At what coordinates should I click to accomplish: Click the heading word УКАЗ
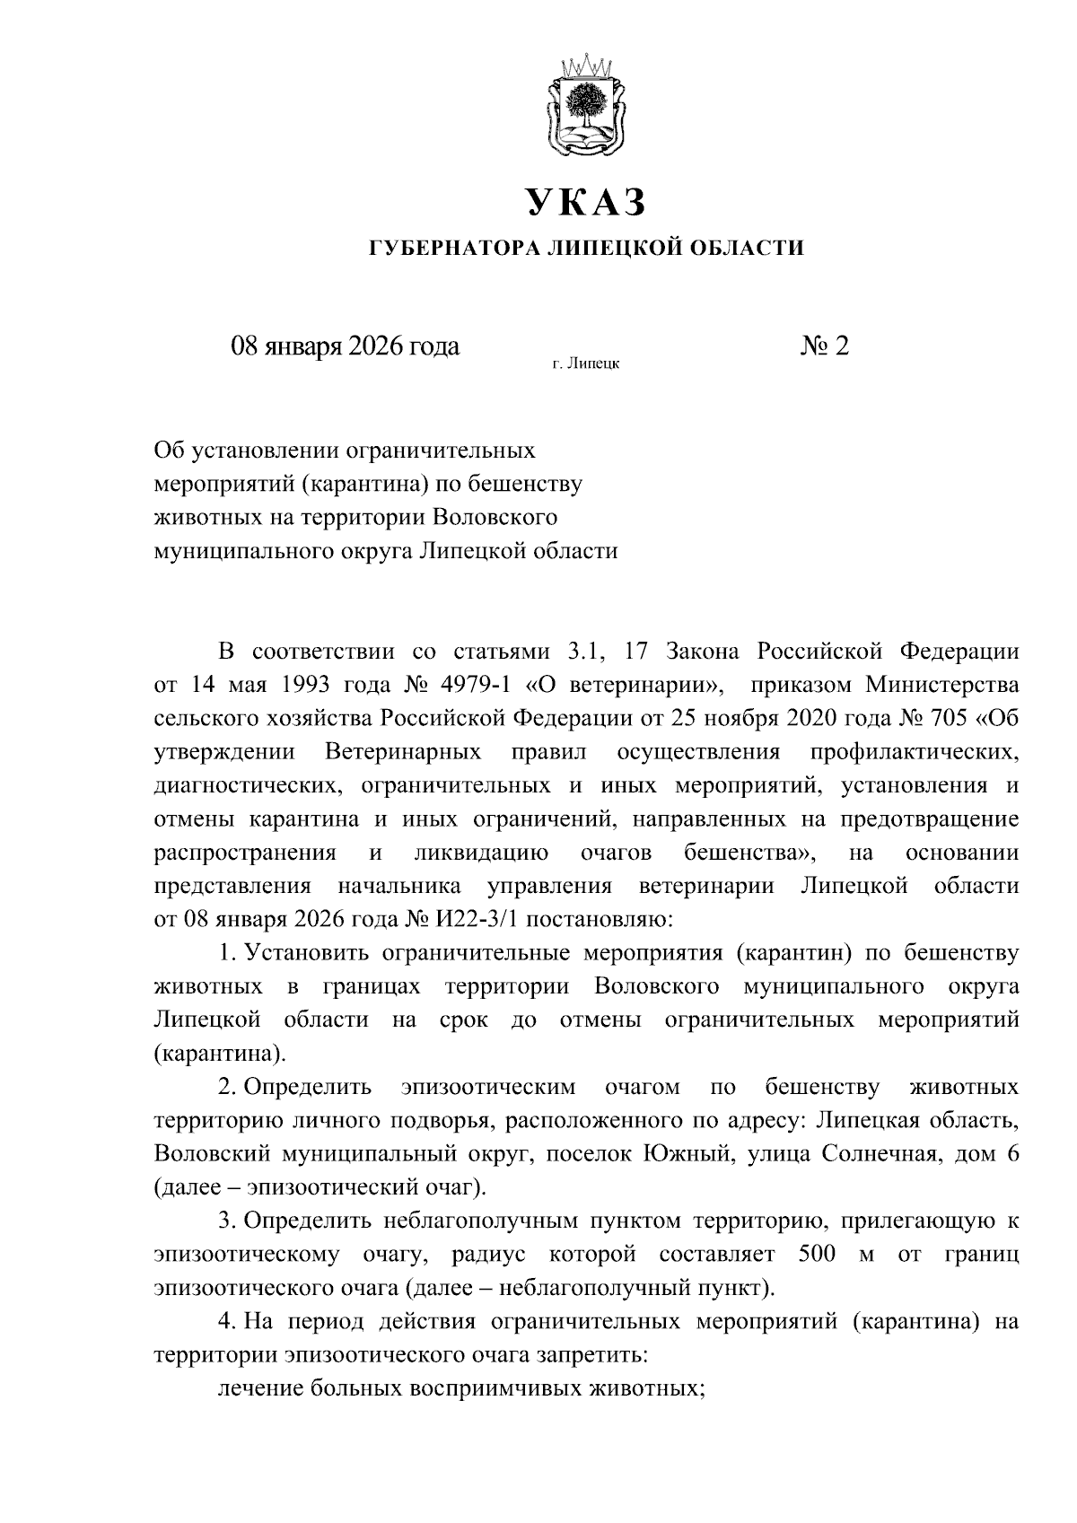coord(585,203)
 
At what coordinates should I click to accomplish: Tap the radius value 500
coord(817,1255)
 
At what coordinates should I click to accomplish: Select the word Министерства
coord(942,687)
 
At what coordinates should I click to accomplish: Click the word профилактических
coord(915,753)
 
